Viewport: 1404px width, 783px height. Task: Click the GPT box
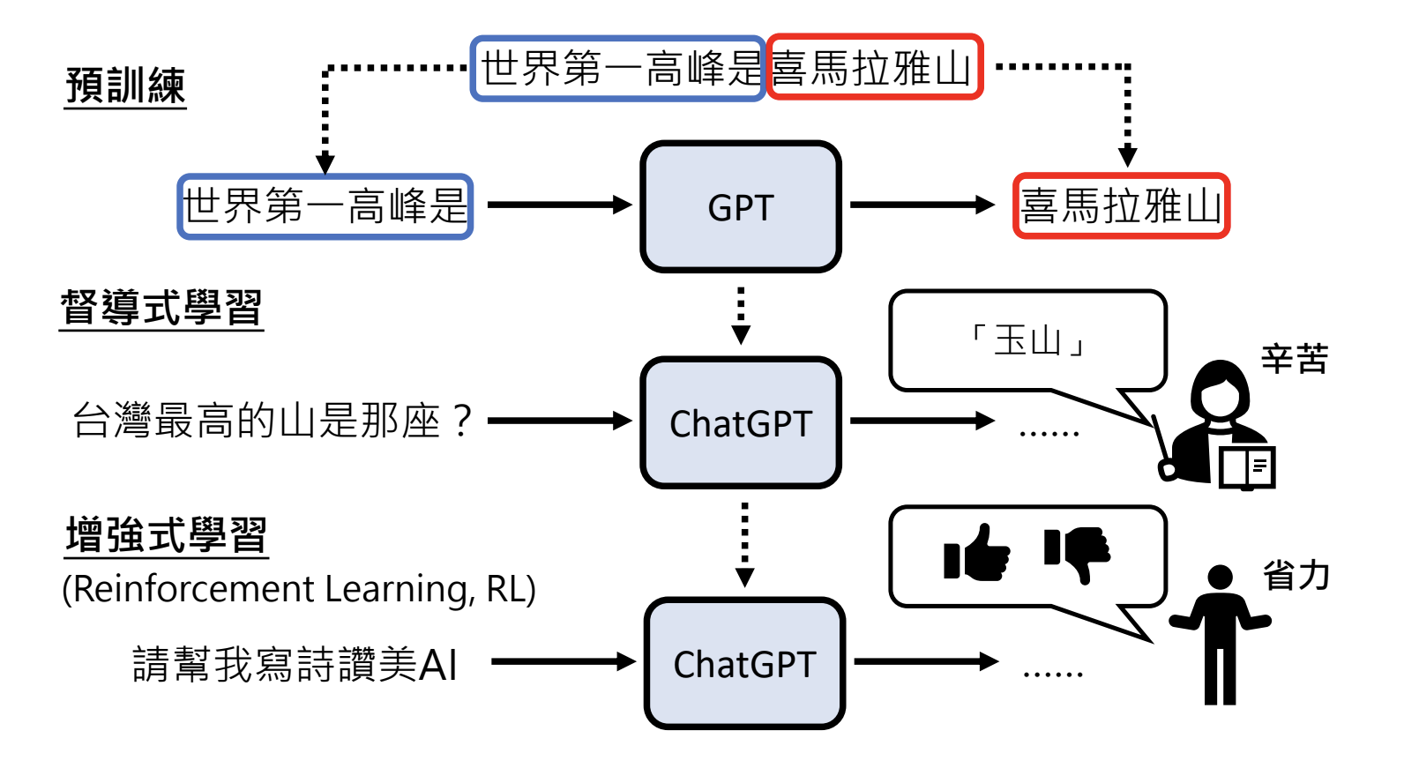click(x=740, y=207)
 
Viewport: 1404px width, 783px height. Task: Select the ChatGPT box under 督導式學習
click(x=740, y=423)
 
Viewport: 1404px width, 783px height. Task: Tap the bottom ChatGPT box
click(x=744, y=664)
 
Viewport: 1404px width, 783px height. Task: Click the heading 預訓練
click(x=125, y=86)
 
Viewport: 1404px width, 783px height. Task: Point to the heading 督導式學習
click(x=161, y=308)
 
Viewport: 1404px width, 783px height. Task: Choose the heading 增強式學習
click(x=166, y=535)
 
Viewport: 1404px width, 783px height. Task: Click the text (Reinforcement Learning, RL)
click(x=298, y=589)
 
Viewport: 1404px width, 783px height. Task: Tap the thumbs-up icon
click(x=976, y=554)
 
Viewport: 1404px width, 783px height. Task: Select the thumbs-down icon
click(x=1078, y=554)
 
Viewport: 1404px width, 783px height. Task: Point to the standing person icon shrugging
click(x=1220, y=635)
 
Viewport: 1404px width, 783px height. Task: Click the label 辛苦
click(x=1294, y=359)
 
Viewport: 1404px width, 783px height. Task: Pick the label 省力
click(x=1296, y=575)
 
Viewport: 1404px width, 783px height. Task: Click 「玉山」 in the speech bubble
click(x=1027, y=340)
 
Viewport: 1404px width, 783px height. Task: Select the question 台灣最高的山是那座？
click(x=273, y=421)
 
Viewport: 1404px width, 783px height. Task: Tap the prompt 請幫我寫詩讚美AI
click(x=295, y=664)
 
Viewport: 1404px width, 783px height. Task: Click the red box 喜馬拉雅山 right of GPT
click(x=1121, y=206)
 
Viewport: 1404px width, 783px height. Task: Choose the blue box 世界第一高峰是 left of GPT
click(x=325, y=206)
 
